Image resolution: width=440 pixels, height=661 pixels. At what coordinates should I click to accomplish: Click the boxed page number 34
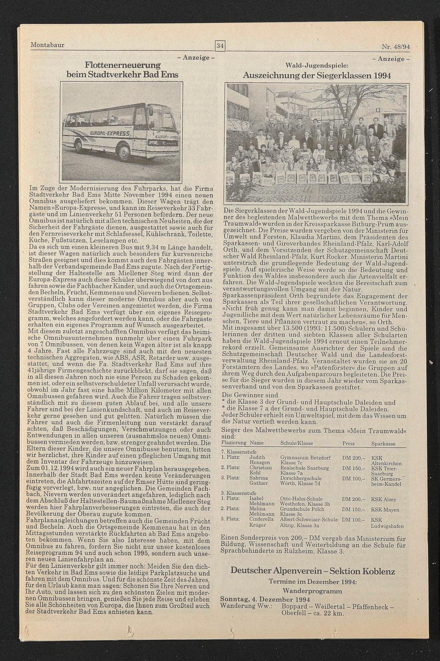coord(220,46)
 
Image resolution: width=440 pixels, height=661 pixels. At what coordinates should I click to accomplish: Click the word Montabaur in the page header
coord(48,45)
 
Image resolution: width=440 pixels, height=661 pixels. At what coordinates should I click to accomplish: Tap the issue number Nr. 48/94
coord(395,46)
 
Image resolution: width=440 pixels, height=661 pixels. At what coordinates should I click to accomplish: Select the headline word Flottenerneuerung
coord(122,65)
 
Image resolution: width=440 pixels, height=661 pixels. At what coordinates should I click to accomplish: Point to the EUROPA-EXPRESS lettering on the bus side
coord(110,133)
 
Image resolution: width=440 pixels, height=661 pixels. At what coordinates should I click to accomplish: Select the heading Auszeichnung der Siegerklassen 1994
coord(317,75)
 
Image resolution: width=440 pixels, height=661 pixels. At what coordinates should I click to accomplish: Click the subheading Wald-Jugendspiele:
coord(317,65)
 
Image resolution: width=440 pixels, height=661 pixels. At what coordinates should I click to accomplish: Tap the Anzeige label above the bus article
coord(195,58)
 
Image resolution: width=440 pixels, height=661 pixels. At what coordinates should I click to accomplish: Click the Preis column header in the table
coord(348,443)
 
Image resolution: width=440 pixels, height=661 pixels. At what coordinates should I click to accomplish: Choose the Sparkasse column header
coord(383,444)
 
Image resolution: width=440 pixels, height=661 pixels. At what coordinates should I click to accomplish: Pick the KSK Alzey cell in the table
coord(383,499)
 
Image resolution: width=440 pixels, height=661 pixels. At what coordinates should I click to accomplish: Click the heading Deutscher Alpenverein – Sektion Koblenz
coord(313,571)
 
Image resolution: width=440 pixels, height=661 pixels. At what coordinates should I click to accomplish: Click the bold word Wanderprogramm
coord(312,591)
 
